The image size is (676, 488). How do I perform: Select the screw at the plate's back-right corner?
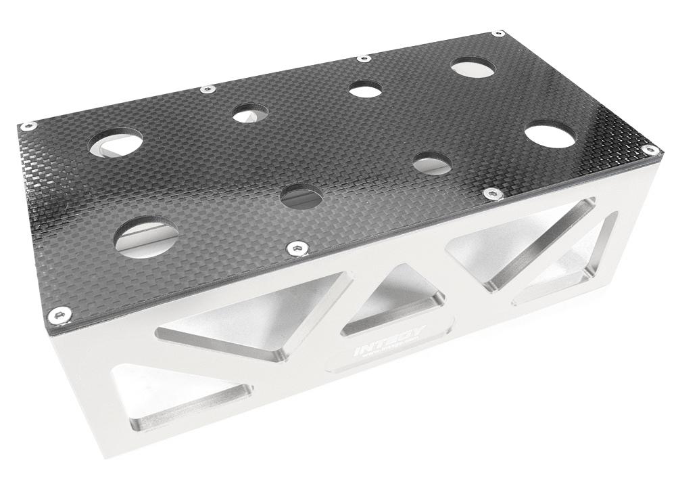click(x=498, y=32)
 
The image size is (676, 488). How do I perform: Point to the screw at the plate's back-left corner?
click(x=28, y=125)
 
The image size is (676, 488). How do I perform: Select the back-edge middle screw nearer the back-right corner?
click(x=364, y=58)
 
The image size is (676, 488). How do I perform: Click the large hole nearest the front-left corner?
click(x=146, y=235)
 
